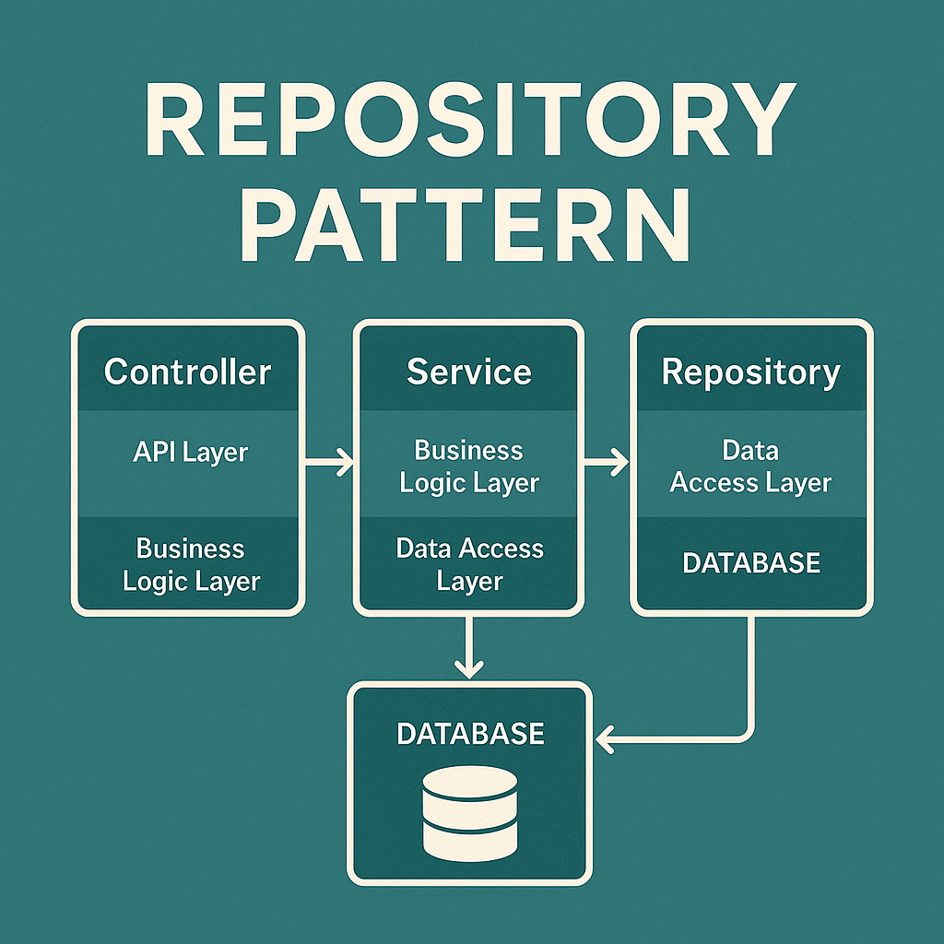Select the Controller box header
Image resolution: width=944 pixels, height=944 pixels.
tap(187, 372)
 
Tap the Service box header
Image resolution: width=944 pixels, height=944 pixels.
tap(469, 372)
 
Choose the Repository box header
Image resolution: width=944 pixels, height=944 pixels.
tap(750, 372)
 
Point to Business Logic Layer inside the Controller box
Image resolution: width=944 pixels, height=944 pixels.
tap(191, 565)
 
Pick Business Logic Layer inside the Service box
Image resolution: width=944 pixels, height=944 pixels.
tap(469, 466)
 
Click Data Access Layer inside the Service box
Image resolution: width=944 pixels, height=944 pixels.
tap(469, 565)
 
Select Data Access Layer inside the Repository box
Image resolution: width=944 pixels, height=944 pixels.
tap(750, 466)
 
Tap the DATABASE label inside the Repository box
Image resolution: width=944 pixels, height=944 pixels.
tap(750, 563)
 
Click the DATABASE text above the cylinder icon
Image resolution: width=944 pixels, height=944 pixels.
tap(469, 734)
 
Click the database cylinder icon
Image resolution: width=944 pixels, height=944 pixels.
tap(469, 812)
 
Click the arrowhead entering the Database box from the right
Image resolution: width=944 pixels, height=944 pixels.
tap(606, 738)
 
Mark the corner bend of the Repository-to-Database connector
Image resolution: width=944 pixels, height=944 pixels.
tap(751, 737)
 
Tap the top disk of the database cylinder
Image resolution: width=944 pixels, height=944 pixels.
tap(469, 783)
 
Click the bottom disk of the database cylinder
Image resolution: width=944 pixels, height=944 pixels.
tap(469, 840)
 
